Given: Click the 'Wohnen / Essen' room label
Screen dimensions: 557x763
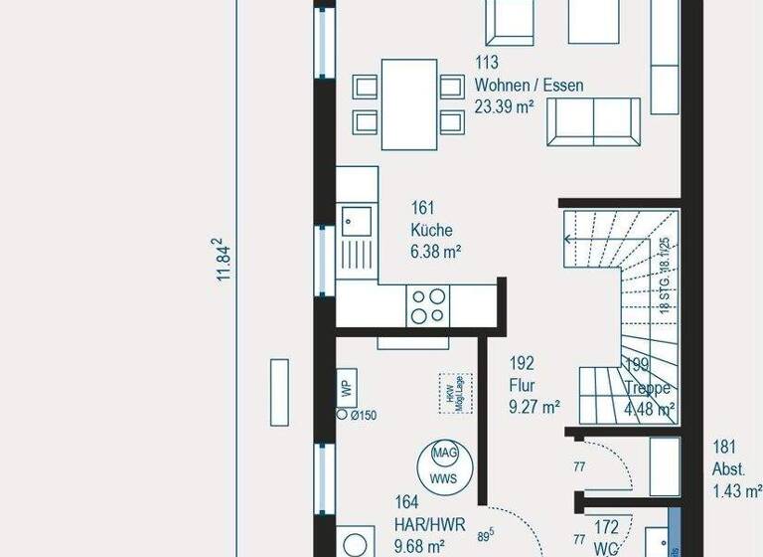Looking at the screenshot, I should click(529, 86).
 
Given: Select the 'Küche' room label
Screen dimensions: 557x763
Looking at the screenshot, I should click(431, 230).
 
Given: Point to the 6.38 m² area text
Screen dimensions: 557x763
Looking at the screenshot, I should click(435, 253).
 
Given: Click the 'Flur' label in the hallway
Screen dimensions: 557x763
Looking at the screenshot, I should click(523, 385).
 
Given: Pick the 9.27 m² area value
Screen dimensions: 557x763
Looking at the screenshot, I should click(534, 407).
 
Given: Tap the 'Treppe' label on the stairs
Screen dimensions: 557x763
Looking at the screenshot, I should click(649, 388).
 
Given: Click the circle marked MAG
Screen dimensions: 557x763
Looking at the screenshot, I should click(444, 453).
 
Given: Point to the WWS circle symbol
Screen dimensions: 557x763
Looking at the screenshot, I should click(444, 479).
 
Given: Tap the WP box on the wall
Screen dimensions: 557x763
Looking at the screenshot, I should click(347, 388).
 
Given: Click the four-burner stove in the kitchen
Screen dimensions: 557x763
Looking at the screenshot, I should click(428, 304).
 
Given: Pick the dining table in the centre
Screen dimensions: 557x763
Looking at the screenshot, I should click(409, 102).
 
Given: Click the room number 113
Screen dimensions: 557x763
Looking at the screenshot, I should click(487, 64).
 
